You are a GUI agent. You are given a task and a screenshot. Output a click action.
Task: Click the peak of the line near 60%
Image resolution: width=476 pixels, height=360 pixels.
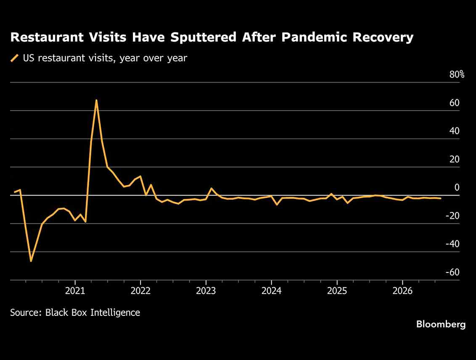tap(96, 100)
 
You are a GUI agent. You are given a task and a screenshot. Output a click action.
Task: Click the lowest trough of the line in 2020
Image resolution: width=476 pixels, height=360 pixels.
tap(31, 261)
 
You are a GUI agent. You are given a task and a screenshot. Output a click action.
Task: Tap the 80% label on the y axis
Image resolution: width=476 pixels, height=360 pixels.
tap(457, 74)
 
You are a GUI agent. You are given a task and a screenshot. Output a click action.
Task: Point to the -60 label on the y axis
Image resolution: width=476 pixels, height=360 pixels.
tap(452, 272)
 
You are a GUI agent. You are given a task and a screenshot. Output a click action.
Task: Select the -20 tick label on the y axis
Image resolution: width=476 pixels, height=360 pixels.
tap(452, 215)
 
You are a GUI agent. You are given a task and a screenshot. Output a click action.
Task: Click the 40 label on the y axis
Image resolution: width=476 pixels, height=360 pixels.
tap(455, 131)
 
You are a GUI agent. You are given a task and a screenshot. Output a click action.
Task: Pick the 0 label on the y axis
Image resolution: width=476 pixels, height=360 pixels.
tap(457, 187)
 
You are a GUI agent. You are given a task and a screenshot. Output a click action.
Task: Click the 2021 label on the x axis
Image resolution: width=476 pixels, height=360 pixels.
tap(75, 291)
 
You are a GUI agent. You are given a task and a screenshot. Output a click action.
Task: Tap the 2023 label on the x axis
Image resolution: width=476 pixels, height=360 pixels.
tap(206, 291)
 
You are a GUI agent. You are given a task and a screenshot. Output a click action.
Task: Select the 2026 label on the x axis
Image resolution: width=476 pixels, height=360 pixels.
tap(402, 291)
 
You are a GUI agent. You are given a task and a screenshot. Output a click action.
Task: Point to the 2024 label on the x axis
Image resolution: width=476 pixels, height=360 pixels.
tap(271, 291)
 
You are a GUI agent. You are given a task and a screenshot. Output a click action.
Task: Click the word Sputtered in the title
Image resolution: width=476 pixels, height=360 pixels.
tap(203, 37)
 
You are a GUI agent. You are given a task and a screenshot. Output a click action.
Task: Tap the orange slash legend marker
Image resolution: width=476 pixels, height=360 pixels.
tap(15, 58)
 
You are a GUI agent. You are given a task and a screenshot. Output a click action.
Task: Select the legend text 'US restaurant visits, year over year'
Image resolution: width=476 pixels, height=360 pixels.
tap(105, 58)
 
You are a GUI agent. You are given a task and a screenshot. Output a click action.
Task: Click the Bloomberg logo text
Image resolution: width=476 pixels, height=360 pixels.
tap(441, 324)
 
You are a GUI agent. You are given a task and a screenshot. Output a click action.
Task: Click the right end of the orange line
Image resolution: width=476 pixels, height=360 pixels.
tap(441, 198)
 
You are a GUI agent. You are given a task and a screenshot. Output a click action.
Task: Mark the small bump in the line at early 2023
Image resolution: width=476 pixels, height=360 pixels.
tap(211, 188)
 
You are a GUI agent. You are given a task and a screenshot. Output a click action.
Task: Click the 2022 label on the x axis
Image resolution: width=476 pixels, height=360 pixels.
tap(140, 291)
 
